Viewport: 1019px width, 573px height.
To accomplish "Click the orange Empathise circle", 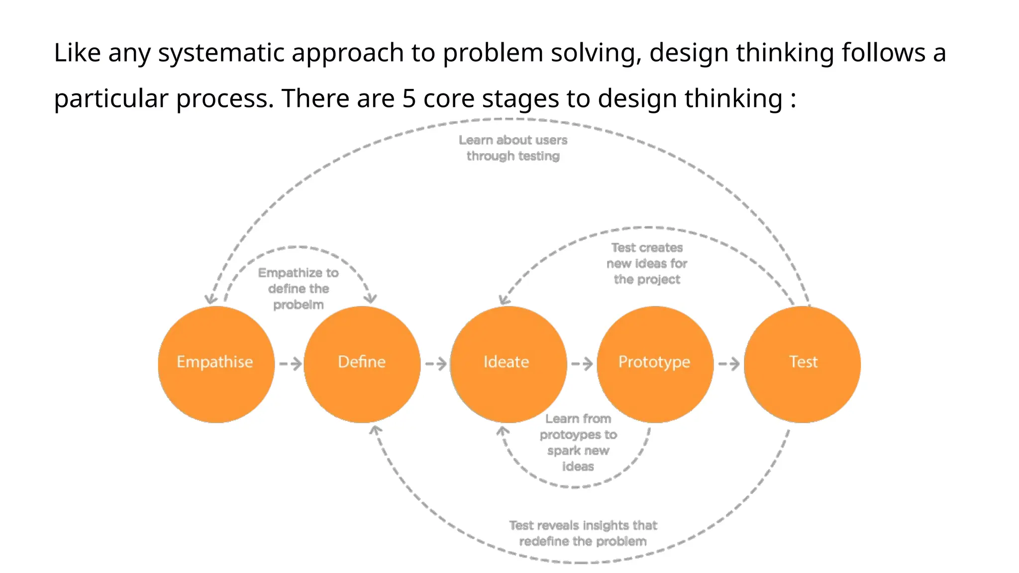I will pyautogui.click(x=216, y=364).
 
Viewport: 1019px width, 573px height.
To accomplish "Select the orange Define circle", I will pyautogui.click(x=362, y=364).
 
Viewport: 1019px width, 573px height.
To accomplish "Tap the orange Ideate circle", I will pyautogui.click(x=508, y=364).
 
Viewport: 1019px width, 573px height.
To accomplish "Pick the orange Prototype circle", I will pyautogui.click(x=655, y=364).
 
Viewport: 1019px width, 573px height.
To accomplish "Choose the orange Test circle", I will pyautogui.click(x=802, y=364).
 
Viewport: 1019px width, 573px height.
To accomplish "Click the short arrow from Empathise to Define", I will pyautogui.click(x=290, y=364).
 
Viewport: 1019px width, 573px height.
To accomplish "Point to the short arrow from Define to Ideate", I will pyautogui.click(x=436, y=364).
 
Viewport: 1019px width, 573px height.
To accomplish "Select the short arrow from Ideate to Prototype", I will pyautogui.click(x=582, y=364).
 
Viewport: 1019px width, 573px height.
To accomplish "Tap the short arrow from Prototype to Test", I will pyautogui.click(x=728, y=364).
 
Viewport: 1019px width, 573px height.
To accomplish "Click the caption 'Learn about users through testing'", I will pyautogui.click(x=513, y=148).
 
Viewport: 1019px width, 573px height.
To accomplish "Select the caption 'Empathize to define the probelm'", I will pyautogui.click(x=299, y=288).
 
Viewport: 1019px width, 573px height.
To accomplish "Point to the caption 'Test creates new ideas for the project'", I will pyautogui.click(x=647, y=263).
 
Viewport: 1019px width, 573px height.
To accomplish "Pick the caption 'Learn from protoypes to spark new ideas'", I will pyautogui.click(x=578, y=442).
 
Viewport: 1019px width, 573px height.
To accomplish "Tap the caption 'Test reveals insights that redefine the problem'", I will pyautogui.click(x=583, y=533).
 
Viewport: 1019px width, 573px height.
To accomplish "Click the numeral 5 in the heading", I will pyautogui.click(x=408, y=98).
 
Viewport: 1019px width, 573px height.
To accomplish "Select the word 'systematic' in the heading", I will pyautogui.click(x=221, y=53).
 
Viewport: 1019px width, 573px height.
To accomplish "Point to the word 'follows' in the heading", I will pyautogui.click(x=879, y=52).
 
